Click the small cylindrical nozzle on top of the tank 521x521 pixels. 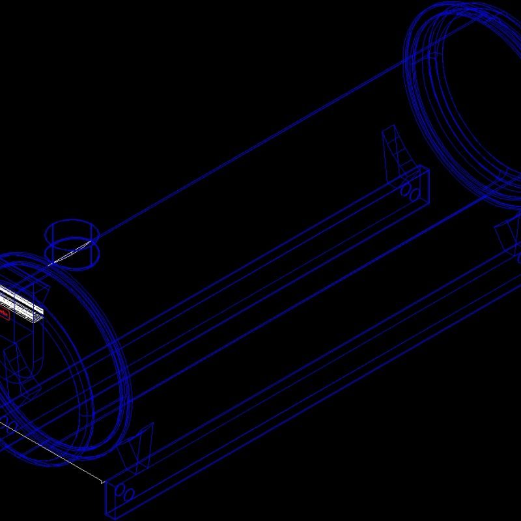(x=72, y=244)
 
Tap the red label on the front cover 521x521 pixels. (x=4, y=315)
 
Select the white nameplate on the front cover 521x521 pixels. (x=23, y=302)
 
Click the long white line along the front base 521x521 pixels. (x=52, y=452)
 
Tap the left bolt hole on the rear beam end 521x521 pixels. (x=405, y=189)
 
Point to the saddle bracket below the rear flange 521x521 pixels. (x=507, y=234)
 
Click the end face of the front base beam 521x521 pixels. (x=124, y=495)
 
